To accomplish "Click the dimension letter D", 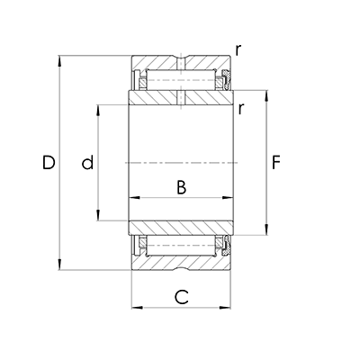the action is point(49,162).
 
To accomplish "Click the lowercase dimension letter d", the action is point(88,162).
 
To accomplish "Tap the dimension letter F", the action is point(275,162).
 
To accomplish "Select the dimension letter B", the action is point(181,187).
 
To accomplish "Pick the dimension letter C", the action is point(182,297).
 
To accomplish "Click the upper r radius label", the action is point(238,50).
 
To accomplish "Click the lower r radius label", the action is point(240,109).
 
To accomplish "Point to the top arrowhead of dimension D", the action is point(60,61).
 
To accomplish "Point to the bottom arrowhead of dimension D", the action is point(60,265).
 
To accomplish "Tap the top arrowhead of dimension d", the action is point(98,110).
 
